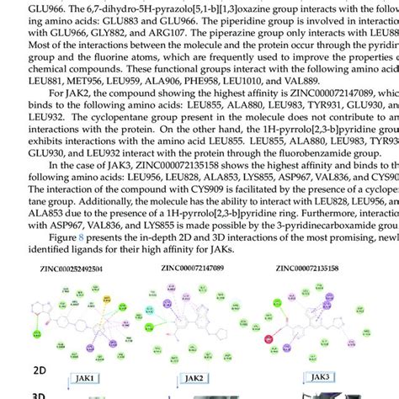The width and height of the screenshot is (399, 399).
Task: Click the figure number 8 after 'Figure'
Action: (x=82, y=237)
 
